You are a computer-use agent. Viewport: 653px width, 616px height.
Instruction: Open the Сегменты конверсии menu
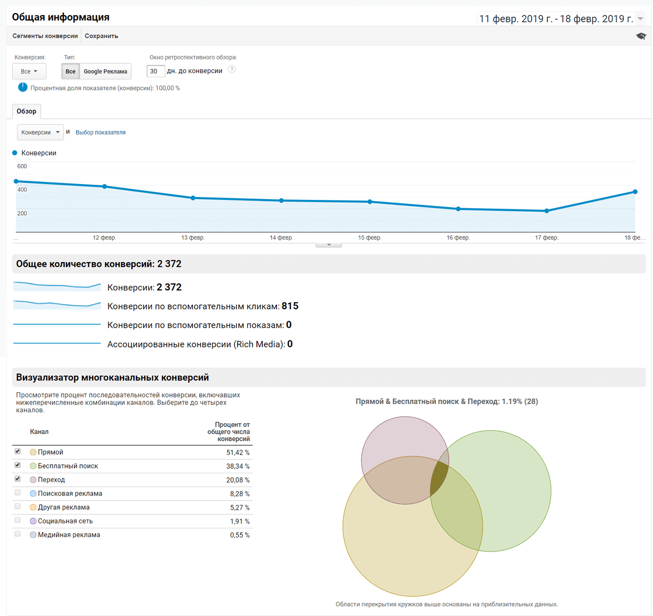pyautogui.click(x=45, y=36)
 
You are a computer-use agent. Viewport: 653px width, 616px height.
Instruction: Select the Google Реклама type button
pyautogui.click(x=105, y=71)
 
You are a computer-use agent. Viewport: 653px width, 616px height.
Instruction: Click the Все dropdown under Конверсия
pyautogui.click(x=29, y=71)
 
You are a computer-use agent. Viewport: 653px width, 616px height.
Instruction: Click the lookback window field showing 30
pyautogui.click(x=155, y=71)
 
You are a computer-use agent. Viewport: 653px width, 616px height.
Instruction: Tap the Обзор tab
pyautogui.click(x=27, y=111)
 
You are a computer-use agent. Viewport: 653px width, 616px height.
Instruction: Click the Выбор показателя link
pyautogui.click(x=101, y=132)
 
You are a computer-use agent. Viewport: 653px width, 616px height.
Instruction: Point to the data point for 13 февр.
pyautogui.click(x=193, y=198)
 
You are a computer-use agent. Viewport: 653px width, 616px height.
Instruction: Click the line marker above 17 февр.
pyautogui.click(x=547, y=211)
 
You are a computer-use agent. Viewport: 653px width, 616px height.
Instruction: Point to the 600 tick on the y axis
pyautogui.click(x=22, y=166)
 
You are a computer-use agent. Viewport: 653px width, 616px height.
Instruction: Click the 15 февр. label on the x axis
pyautogui.click(x=369, y=237)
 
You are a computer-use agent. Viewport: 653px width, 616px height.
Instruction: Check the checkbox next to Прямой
pyautogui.click(x=18, y=452)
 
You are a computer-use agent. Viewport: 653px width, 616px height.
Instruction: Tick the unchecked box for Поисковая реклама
pyautogui.click(x=18, y=493)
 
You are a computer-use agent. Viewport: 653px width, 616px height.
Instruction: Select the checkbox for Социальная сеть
pyautogui.click(x=18, y=521)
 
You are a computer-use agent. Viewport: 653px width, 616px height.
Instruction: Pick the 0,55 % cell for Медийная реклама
pyautogui.click(x=240, y=535)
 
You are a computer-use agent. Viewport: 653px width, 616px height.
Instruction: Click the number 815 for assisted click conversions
pyautogui.click(x=290, y=306)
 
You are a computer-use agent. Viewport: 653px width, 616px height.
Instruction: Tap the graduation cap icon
pyautogui.click(x=641, y=36)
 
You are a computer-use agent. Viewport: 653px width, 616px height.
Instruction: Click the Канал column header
pyautogui.click(x=39, y=432)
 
